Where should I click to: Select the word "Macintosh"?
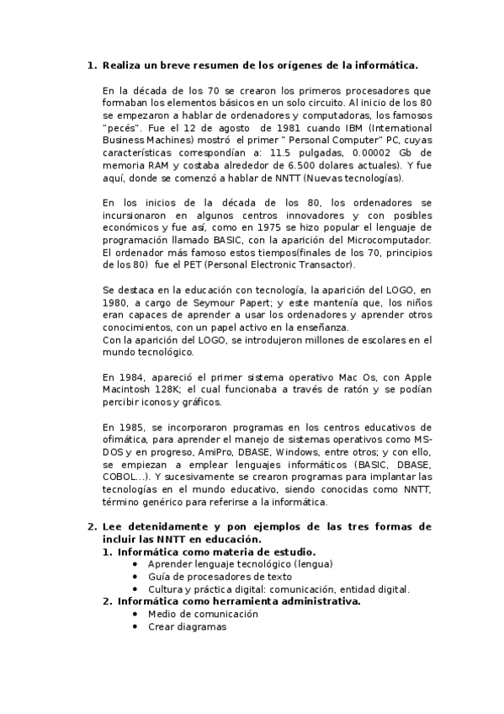[x=127, y=391]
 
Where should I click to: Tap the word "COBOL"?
[x=121, y=477]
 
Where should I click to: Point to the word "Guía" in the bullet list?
[x=160, y=577]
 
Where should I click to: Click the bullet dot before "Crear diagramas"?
[x=135, y=626]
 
